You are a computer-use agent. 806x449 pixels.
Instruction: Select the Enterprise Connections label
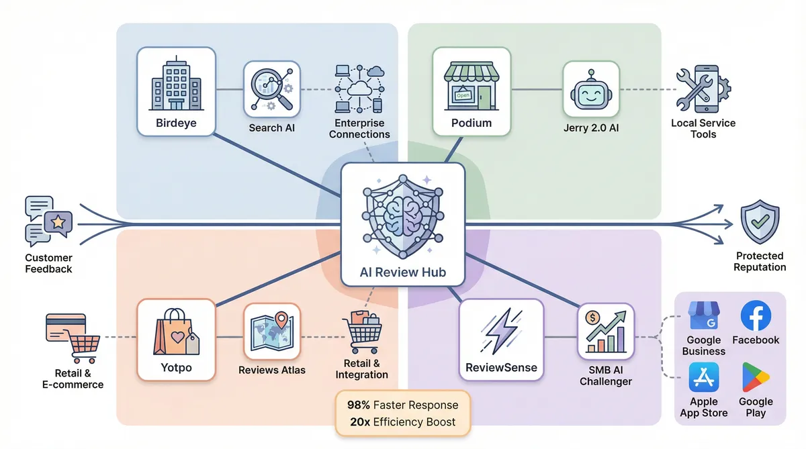coord(359,129)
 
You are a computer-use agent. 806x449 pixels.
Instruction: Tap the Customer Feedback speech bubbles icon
coord(48,221)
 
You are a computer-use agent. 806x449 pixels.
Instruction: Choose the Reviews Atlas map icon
coord(271,331)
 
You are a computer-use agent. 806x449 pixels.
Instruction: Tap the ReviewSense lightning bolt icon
coord(500,332)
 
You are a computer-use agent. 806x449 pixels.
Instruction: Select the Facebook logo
coord(756,315)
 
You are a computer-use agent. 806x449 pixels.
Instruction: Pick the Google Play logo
coord(756,377)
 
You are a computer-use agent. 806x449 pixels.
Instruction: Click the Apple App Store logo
coord(703,377)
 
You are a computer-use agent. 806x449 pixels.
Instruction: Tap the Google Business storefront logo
coord(703,315)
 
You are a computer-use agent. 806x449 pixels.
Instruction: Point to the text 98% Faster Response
coord(402,405)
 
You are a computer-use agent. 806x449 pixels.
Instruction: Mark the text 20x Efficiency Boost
coord(402,422)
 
